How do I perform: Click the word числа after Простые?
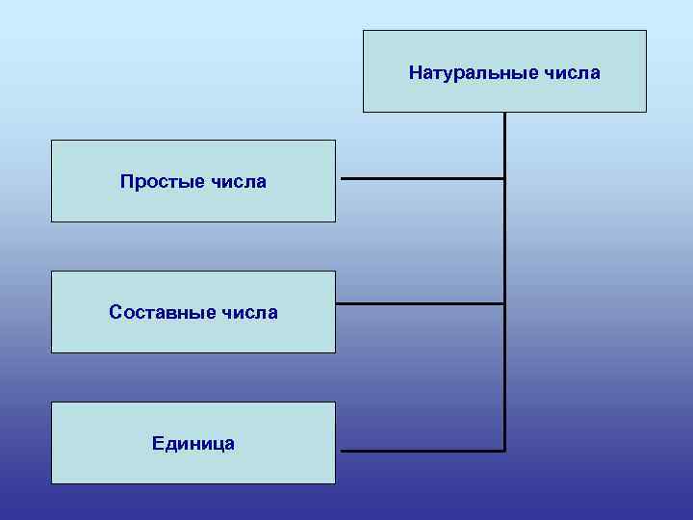coord(236,181)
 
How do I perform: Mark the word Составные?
coord(161,312)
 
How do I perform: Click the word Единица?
coord(192,443)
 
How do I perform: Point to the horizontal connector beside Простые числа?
coord(422,178)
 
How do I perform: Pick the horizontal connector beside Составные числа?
coord(420,304)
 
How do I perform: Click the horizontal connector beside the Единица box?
coord(422,451)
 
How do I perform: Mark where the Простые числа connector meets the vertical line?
coord(504,178)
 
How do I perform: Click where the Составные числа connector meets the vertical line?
coord(504,304)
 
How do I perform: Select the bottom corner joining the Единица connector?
coord(504,451)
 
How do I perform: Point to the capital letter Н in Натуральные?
coord(415,73)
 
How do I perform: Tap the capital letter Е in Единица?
coord(157,443)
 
